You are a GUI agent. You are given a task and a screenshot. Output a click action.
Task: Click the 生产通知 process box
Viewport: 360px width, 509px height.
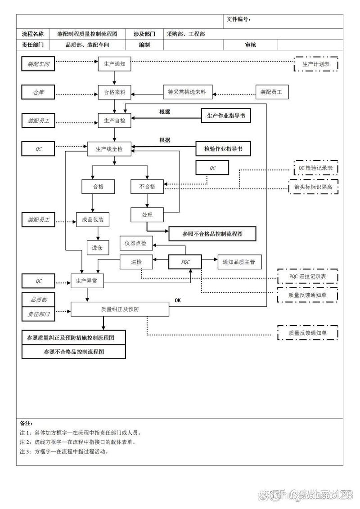coord(114,64)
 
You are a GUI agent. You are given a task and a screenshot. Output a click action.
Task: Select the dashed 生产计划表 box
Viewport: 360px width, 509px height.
coord(316,64)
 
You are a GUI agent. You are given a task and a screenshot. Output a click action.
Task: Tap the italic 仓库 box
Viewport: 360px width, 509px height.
coord(38,93)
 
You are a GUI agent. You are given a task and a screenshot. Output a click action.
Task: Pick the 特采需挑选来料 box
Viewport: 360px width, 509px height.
coord(187,92)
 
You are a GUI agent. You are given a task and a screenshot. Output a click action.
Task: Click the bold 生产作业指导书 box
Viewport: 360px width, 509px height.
coord(225,116)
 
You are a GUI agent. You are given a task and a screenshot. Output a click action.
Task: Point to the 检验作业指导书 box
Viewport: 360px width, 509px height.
coord(223,148)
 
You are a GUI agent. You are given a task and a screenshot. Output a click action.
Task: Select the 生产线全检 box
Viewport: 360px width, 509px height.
coord(109,149)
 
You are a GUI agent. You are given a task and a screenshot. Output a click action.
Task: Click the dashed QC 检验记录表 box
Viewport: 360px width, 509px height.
coord(316,168)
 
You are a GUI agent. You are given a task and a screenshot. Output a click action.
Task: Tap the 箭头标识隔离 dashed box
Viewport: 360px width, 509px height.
coord(314,187)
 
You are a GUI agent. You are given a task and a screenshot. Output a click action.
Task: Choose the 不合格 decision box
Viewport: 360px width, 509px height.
coord(147,186)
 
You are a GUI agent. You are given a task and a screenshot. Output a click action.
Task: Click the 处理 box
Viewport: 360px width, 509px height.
coord(147,215)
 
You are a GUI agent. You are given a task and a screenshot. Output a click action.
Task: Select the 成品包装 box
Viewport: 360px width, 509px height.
coord(93,219)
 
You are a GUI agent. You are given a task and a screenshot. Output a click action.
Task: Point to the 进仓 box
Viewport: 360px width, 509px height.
coord(98,247)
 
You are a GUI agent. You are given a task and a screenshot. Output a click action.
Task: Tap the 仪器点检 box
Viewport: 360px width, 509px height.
coord(136,243)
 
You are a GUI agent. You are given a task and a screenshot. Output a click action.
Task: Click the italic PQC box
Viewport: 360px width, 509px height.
coord(185,262)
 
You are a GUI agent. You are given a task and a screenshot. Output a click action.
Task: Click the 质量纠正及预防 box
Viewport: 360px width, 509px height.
coord(120,309)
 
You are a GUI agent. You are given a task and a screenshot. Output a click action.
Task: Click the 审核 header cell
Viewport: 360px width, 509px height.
coord(251,45)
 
